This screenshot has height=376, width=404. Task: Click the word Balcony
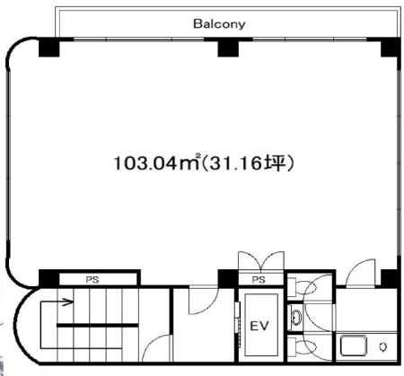219,24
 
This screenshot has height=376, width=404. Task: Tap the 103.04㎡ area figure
157,163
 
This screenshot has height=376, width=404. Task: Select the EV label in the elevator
259,326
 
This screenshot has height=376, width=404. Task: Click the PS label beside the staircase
92,280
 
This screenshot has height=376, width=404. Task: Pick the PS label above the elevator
259,280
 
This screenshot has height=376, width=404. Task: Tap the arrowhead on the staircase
69,302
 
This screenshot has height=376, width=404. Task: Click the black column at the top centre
228,48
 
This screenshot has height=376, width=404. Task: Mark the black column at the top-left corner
49,47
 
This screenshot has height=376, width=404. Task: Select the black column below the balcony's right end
391,48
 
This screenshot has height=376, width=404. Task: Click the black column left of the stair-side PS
48,278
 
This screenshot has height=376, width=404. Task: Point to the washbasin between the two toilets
297,318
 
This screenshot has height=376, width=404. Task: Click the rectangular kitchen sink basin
353,345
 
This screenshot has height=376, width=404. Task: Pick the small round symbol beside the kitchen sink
383,346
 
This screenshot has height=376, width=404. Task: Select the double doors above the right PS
260,261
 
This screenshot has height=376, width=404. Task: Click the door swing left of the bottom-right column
361,273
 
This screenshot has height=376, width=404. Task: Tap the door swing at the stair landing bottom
157,348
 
